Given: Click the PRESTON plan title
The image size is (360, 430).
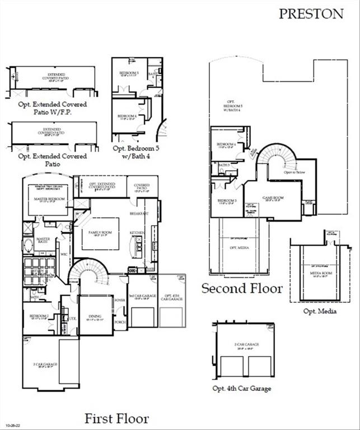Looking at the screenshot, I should [311, 14].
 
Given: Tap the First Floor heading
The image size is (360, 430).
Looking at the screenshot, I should [116, 418].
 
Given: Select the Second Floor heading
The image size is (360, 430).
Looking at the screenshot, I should [242, 288].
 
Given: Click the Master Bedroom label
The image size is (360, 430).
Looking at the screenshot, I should [48, 199].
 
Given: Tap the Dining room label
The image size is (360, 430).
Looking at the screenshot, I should [95, 317].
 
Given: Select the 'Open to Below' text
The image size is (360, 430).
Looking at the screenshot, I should [293, 172].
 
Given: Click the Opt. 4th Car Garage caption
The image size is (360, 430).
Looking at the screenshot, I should [241, 388].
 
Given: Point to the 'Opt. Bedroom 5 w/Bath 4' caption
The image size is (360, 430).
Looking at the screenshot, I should [138, 152].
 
